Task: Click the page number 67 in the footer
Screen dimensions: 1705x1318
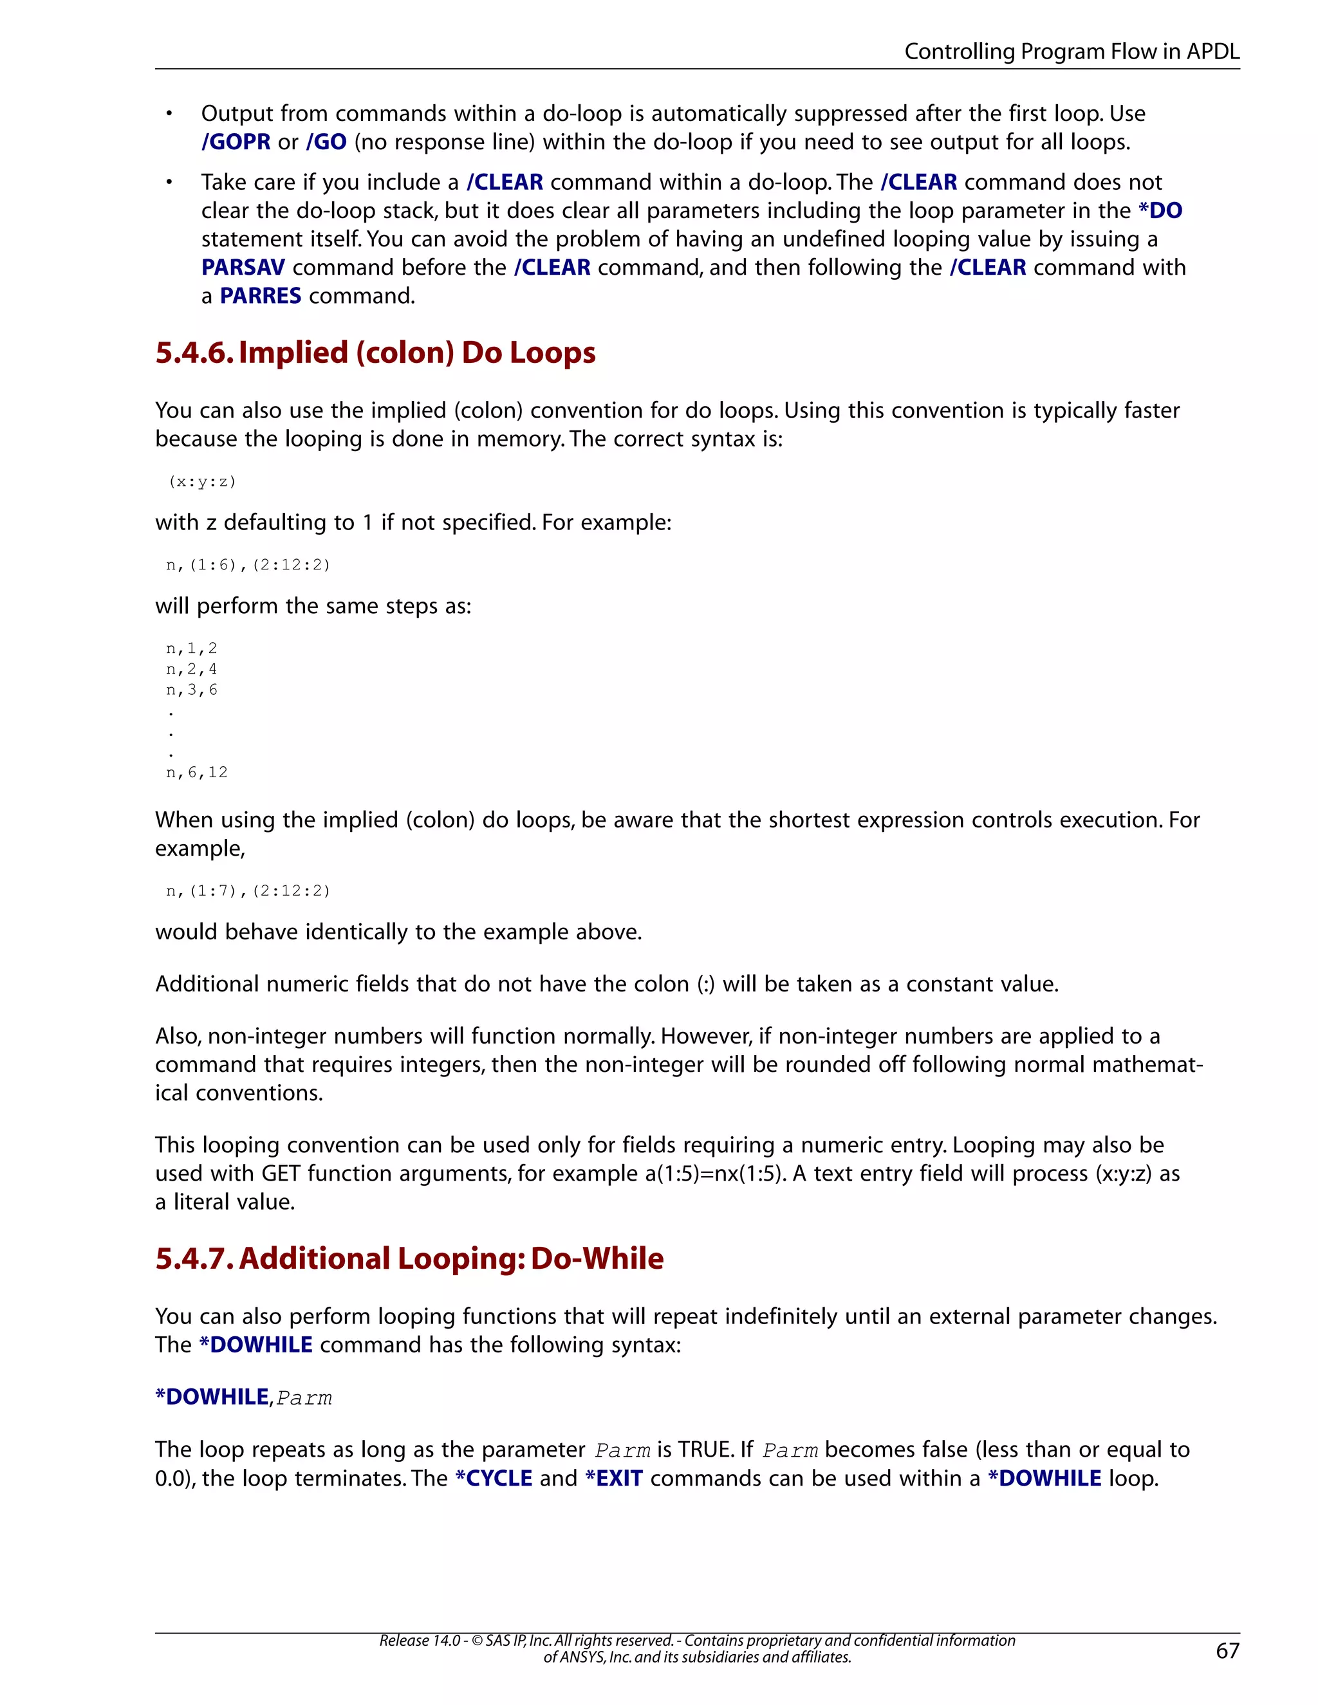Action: click(x=1227, y=1650)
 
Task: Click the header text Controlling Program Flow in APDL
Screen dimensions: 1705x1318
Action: click(x=1072, y=51)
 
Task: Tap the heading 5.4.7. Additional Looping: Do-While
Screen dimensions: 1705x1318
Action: click(x=409, y=1258)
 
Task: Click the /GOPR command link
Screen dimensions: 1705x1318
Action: click(x=236, y=142)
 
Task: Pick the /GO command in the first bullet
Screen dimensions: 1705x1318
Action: click(x=326, y=142)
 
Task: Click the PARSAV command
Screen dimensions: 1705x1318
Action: click(x=243, y=267)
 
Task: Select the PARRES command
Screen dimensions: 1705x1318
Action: click(x=260, y=296)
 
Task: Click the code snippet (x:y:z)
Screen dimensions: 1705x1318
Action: click(x=201, y=482)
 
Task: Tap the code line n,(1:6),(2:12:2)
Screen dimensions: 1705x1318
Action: click(x=248, y=564)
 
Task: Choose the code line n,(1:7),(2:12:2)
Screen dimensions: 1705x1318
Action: click(x=248, y=890)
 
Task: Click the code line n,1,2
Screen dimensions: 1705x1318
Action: click(x=191, y=649)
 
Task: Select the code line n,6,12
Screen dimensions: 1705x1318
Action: click(x=197, y=772)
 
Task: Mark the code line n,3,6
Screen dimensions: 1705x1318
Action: click(x=191, y=690)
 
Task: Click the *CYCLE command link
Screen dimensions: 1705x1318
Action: click(x=494, y=1478)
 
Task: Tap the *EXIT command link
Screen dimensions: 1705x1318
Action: click(x=614, y=1478)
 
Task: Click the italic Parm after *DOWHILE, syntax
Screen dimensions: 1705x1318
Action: click(x=304, y=1397)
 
